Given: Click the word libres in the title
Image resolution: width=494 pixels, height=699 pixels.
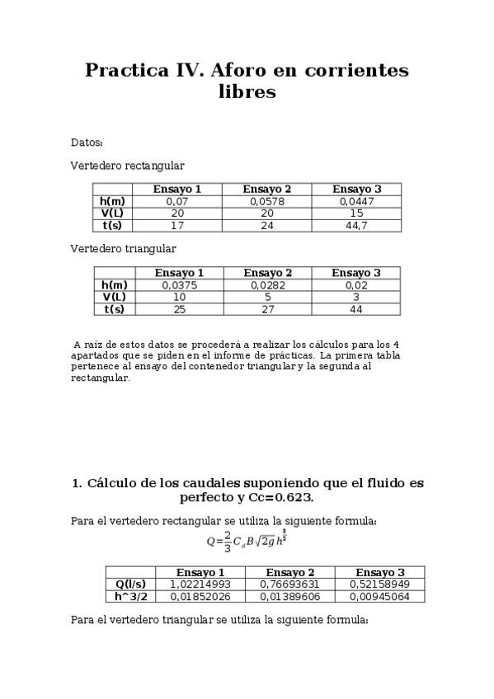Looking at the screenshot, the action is pyautogui.click(x=247, y=92).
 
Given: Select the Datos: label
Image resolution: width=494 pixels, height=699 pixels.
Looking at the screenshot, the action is pyautogui.click(x=87, y=143).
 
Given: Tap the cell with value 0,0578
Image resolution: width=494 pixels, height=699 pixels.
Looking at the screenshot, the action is pyautogui.click(x=266, y=201).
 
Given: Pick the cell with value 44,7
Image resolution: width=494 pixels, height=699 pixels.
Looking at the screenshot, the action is pyautogui.click(x=356, y=225).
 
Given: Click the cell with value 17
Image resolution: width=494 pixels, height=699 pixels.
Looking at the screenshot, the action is pyautogui.click(x=177, y=225).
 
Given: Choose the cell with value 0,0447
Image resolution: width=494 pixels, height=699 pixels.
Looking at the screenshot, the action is pyautogui.click(x=356, y=201).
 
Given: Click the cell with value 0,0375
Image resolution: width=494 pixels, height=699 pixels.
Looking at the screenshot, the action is pyautogui.click(x=179, y=285).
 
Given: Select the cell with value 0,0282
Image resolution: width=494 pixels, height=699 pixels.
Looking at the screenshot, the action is pyautogui.click(x=267, y=285).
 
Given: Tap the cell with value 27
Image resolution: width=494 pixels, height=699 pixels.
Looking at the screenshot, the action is pyautogui.click(x=267, y=309).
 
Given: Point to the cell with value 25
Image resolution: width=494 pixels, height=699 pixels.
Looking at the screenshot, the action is pyautogui.click(x=179, y=309).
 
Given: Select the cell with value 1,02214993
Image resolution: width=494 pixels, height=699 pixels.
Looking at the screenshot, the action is pyautogui.click(x=200, y=584).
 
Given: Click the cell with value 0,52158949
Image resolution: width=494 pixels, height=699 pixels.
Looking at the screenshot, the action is pyautogui.click(x=379, y=584).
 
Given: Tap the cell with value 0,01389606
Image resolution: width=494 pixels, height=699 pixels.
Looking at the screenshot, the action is pyautogui.click(x=289, y=596).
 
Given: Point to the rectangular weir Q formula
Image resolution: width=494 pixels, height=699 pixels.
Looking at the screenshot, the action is pyautogui.click(x=247, y=542).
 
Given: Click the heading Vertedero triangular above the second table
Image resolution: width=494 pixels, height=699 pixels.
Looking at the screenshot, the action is pyautogui.click(x=123, y=248).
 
